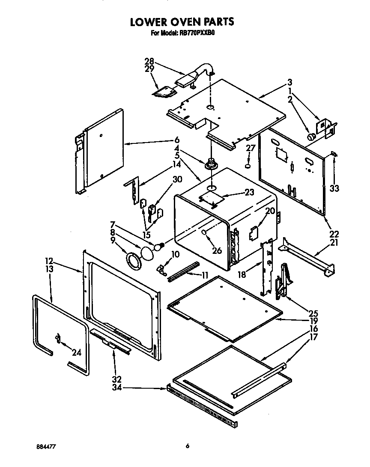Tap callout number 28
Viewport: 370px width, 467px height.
pos(149,61)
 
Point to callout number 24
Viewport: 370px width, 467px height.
pos(77,353)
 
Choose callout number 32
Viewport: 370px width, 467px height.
pos(116,379)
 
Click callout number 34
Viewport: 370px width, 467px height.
pos(116,388)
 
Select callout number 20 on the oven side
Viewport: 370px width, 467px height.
pos(269,211)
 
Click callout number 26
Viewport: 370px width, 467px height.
pos(217,250)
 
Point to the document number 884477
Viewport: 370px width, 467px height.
pos(46,446)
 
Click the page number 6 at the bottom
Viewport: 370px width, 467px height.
pos(188,446)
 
